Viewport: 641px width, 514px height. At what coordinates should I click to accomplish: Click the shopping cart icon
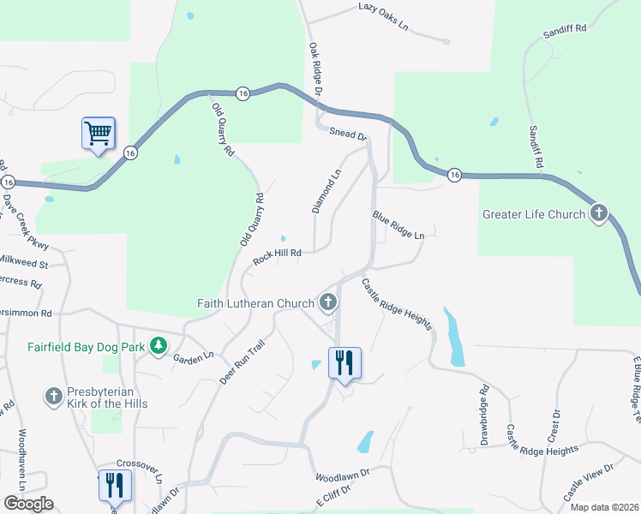point(98,134)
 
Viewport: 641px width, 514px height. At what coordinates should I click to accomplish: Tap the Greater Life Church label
point(533,214)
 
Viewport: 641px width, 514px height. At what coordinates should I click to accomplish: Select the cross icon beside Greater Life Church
point(599,213)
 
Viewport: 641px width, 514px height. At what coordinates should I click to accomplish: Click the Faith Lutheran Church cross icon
point(327,302)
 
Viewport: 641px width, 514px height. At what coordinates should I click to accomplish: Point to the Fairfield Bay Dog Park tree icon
point(158,345)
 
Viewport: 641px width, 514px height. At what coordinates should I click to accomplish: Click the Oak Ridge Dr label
point(315,69)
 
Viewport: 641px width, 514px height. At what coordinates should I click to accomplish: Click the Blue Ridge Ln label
point(398,224)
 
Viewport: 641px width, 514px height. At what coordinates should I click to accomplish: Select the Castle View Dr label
point(589,482)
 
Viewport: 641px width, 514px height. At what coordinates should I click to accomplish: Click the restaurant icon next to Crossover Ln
point(114,486)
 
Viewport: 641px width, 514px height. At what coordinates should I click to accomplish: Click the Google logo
point(28,504)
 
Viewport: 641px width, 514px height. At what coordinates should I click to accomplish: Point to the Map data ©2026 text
point(604,507)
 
